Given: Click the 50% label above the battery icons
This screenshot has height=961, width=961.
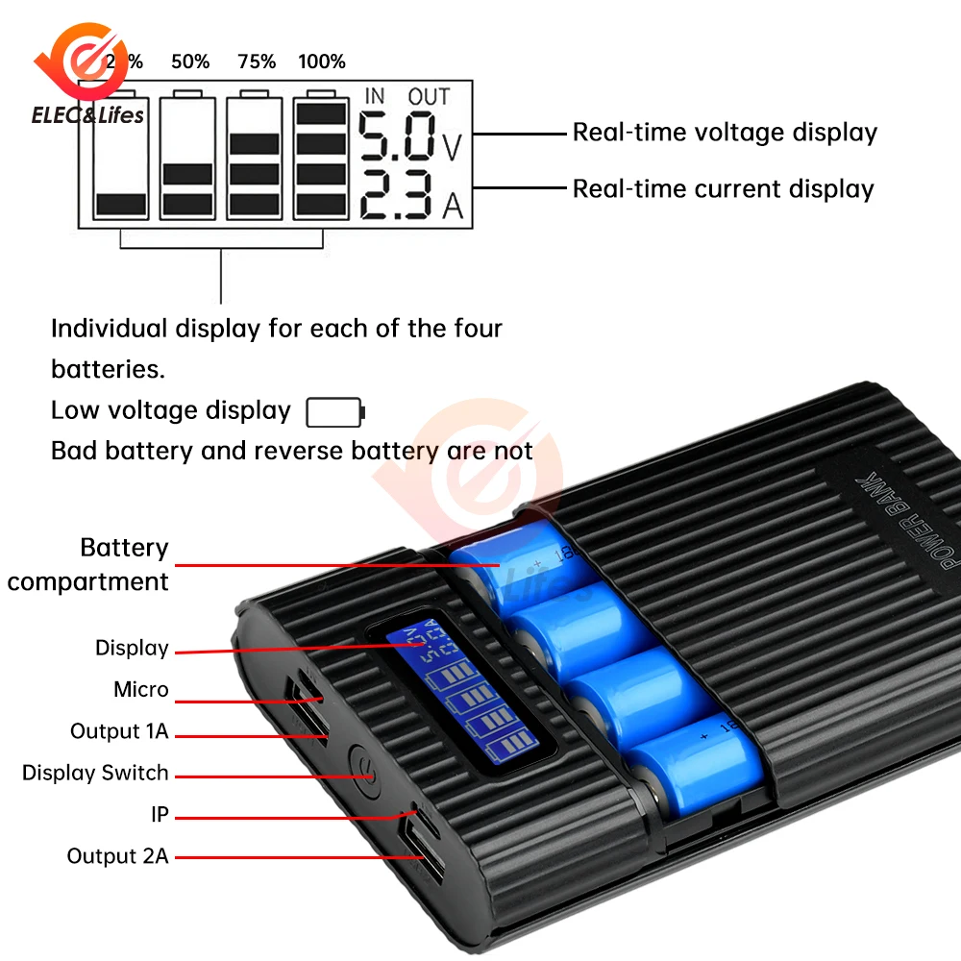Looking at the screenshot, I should coord(190,62).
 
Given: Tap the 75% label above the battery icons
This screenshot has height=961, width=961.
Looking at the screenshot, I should coord(257,62).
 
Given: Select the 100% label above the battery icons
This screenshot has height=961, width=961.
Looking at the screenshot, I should coord(322,62).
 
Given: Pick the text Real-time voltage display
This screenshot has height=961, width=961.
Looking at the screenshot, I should coord(725,133).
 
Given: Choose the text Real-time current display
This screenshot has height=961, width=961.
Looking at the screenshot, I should coord(723,188).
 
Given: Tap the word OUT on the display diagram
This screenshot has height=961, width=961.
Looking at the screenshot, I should coord(429,96).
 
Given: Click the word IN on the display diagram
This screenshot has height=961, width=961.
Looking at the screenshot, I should coord(375,96).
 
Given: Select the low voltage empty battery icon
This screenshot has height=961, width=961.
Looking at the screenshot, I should coord(334,412).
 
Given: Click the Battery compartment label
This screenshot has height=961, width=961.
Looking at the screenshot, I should coord(88,564).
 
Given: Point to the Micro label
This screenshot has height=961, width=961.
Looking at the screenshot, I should coord(140,689).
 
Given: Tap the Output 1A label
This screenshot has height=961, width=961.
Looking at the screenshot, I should coord(119,731).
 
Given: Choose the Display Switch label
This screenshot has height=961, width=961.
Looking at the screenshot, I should coord(95,773).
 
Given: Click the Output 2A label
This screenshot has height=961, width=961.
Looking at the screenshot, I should coord(117,855).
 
